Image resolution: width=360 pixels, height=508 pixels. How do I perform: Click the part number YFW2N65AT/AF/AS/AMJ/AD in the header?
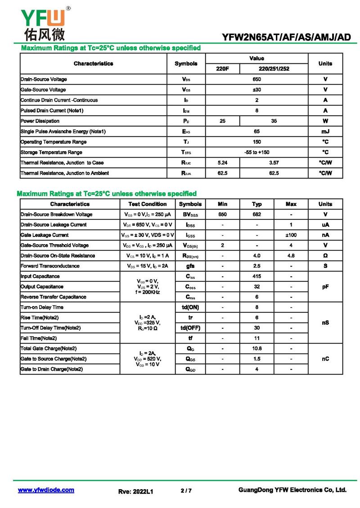tap(286, 38)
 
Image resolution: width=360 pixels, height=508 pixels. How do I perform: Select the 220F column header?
tap(222, 69)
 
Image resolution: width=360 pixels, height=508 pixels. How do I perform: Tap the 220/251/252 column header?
tap(274, 69)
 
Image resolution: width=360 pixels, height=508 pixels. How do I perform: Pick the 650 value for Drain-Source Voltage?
tap(256, 79)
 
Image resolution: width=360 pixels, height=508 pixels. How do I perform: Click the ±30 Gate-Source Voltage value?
tap(256, 89)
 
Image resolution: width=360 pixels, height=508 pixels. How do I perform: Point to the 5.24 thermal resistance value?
tap(222, 162)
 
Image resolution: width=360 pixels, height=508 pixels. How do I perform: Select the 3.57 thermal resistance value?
tap(274, 162)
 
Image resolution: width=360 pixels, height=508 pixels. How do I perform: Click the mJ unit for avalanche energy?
tap(325, 131)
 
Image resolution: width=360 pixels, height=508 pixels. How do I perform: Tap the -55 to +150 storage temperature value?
tap(256, 152)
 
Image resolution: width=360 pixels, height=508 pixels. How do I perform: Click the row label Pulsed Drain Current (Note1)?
tap(52, 110)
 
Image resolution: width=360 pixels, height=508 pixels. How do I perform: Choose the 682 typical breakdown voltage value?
tap(256, 214)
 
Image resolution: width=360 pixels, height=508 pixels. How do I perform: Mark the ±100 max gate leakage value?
tap(291, 235)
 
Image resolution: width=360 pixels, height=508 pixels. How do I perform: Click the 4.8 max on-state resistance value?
tap(291, 256)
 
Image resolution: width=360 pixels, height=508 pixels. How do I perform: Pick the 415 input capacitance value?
tap(256, 276)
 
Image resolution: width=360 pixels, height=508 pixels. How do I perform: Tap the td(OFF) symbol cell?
tap(190, 328)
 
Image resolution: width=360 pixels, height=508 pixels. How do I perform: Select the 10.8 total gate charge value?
tap(256, 348)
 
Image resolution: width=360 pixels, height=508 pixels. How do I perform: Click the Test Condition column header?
tap(148, 204)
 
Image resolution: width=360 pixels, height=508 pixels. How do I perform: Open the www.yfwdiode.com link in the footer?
tap(46, 490)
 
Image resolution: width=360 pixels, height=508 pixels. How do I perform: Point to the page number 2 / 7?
tap(186, 490)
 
